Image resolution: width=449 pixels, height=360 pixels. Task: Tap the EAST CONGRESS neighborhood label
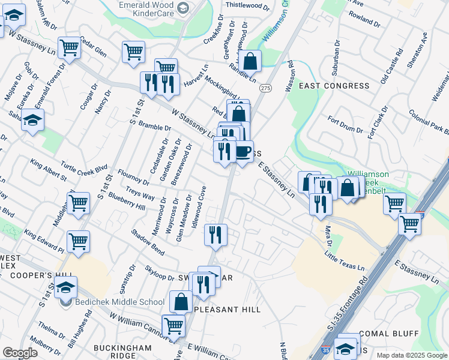pos(334,86)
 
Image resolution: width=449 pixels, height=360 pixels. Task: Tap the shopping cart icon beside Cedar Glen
pos(70,47)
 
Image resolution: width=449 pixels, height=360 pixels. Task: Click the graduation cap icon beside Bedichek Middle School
pos(67,286)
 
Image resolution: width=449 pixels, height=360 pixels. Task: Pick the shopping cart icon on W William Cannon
pos(173,325)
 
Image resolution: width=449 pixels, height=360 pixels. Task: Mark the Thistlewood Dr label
pos(247,5)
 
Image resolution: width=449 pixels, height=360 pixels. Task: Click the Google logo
pos(20,353)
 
